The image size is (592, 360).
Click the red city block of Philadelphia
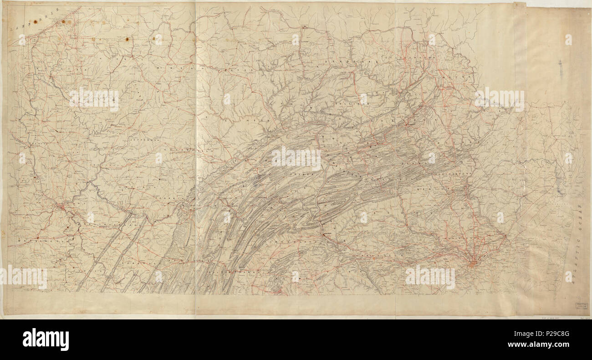point(474,263)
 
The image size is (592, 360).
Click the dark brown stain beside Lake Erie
point(63,21)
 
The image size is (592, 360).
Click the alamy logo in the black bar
point(46,339)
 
